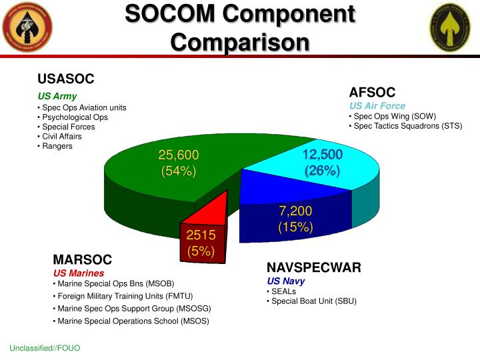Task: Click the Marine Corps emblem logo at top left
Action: click(28, 28)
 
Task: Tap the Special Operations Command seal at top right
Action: click(452, 28)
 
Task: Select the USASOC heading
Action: click(65, 79)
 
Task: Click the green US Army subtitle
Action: click(57, 96)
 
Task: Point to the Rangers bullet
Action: click(57, 146)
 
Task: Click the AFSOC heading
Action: click(372, 93)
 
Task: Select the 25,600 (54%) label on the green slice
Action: click(179, 163)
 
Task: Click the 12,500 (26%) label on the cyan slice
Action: click(322, 163)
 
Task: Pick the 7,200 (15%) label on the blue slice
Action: click(295, 219)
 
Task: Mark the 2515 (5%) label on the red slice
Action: click(201, 243)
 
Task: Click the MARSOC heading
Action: click(82, 259)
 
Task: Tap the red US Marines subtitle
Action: click(79, 273)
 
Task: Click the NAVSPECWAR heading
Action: click(313, 267)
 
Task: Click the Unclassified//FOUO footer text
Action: click(45, 348)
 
